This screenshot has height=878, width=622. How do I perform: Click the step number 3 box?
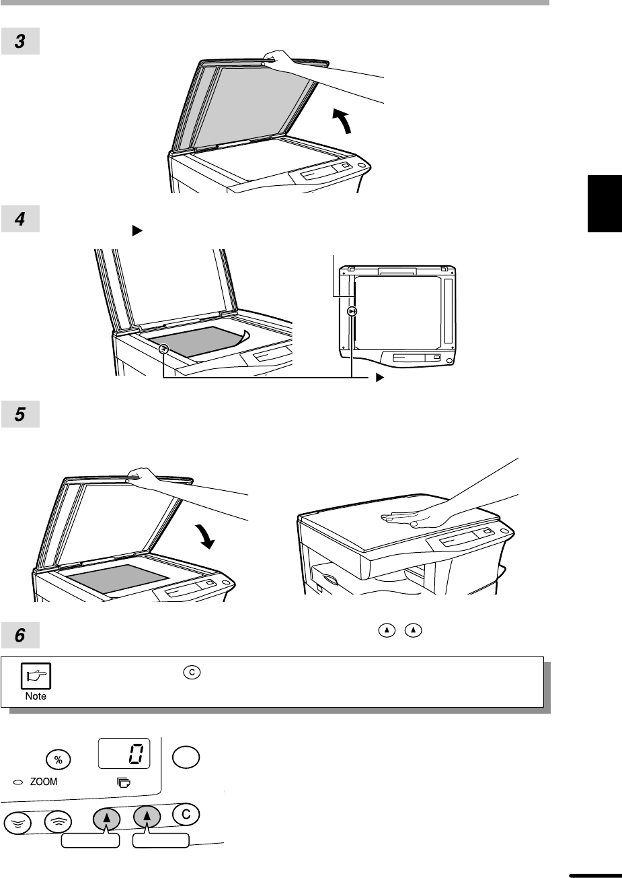20,41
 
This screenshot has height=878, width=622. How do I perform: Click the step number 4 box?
20,219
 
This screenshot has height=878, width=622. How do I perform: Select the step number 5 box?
20,414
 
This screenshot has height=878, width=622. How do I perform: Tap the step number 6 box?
20,635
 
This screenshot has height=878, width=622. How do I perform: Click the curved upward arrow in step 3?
344,120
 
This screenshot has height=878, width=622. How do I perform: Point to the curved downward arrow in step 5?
206,536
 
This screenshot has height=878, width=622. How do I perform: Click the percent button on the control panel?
59,759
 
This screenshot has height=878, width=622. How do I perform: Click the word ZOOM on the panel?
44,782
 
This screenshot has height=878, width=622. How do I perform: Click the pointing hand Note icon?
36,676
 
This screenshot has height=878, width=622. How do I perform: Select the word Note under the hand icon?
36,696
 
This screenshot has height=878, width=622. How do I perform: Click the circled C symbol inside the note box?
192,672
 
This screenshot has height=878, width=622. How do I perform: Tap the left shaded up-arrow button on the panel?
106,819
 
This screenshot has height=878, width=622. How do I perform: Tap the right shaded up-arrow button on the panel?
147,817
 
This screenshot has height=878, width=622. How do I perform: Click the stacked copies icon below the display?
124,783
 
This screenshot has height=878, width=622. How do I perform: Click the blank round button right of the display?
186,757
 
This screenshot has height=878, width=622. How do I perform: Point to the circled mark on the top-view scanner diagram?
352,311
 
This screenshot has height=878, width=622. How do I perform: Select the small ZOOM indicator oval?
18,782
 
